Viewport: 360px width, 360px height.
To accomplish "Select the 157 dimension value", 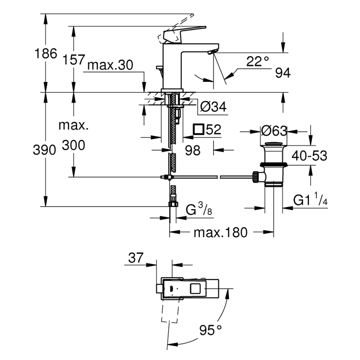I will (x=74, y=60).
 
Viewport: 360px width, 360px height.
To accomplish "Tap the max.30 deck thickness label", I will (x=110, y=66).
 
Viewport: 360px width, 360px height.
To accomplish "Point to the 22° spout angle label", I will (x=258, y=62).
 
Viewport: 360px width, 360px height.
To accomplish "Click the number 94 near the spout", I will (x=282, y=73).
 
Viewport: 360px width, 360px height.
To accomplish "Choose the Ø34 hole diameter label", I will (x=213, y=107).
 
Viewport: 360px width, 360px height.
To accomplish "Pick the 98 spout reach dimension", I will (x=192, y=150).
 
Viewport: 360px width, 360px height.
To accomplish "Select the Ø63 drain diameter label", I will (x=274, y=131).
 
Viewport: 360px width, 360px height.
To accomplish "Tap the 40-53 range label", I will (x=309, y=156).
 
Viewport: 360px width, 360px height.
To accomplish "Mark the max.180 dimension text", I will (x=220, y=232).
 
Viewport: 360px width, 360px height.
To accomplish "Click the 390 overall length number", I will (x=44, y=150).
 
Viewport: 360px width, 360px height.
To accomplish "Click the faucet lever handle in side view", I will (x=182, y=33).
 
